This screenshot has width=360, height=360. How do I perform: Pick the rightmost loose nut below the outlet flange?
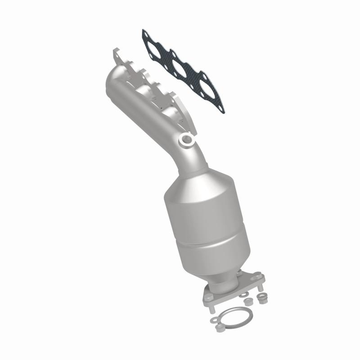[x=260, y=297]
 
